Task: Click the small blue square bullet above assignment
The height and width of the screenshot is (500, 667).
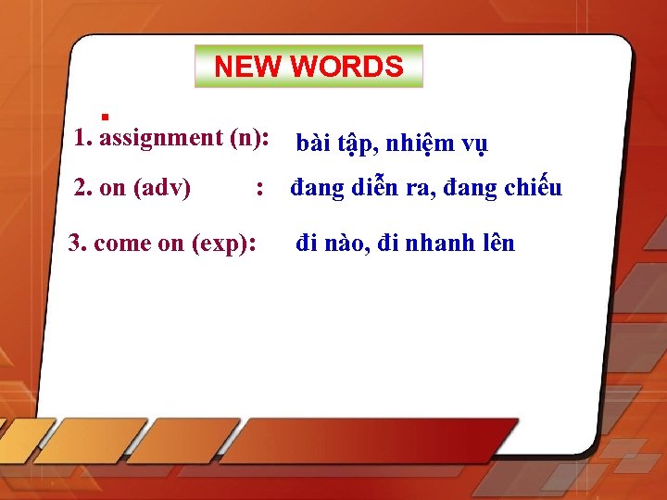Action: pyautogui.click(x=106, y=117)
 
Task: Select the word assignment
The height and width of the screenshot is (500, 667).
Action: pyautogui.click(x=158, y=138)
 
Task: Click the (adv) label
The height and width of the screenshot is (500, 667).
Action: pyautogui.click(x=162, y=188)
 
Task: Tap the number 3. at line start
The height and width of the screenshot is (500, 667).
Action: pyautogui.click(x=78, y=244)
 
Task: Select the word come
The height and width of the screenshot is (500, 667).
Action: pyautogui.click(x=125, y=244)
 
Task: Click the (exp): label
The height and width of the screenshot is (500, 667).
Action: pyautogui.click(x=223, y=244)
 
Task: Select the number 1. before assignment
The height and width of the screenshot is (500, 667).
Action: pyautogui.click(x=84, y=138)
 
